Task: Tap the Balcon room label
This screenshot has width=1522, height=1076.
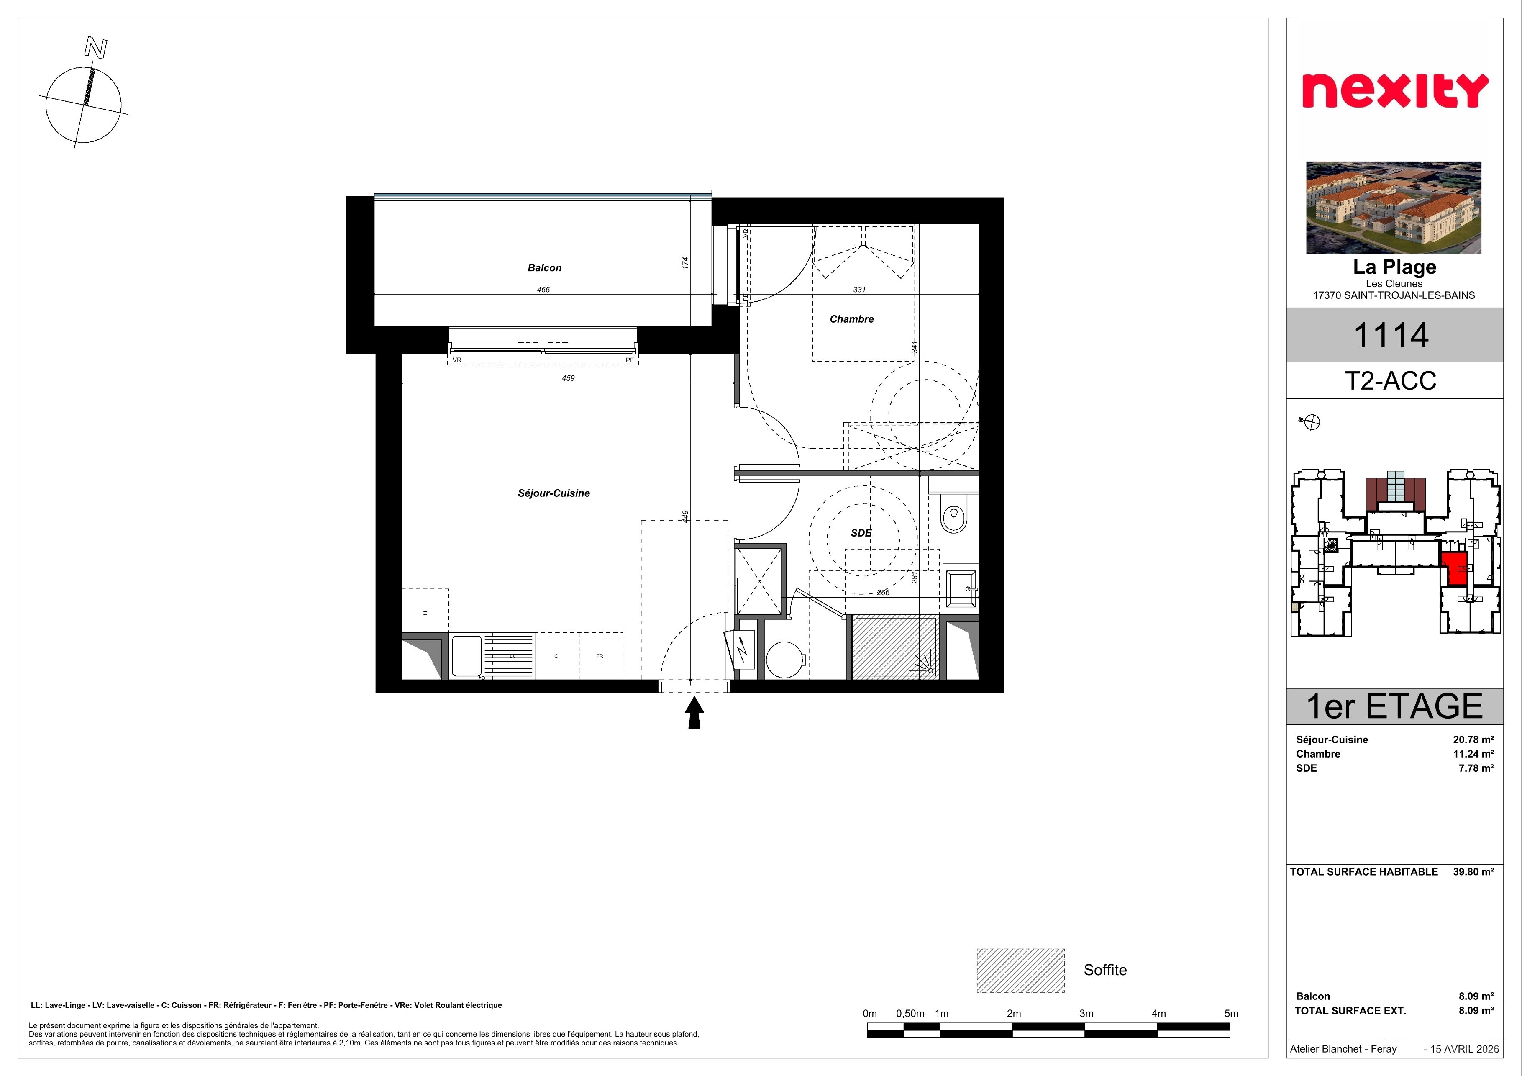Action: click(x=544, y=268)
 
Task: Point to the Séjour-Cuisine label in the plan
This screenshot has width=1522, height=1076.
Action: click(x=553, y=493)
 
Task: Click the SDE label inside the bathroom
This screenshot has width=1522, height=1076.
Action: click(x=861, y=533)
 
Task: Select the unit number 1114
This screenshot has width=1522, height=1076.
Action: click(x=1390, y=336)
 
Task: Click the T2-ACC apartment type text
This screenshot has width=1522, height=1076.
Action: click(x=1390, y=381)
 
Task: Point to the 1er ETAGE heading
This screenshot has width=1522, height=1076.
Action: click(x=1394, y=707)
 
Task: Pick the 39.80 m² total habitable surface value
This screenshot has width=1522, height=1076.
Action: click(x=1473, y=872)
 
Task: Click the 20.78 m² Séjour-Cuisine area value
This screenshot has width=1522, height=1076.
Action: click(x=1473, y=740)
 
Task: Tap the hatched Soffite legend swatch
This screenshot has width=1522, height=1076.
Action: click(x=1020, y=970)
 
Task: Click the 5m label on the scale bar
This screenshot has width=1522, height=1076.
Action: click(x=1231, y=1013)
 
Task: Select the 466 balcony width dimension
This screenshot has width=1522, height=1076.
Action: click(x=543, y=290)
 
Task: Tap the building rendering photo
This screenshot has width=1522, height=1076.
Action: click(x=1394, y=208)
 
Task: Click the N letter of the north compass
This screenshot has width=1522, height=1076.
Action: click(x=95, y=49)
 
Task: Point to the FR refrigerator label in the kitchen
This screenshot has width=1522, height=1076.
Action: click(x=599, y=656)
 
